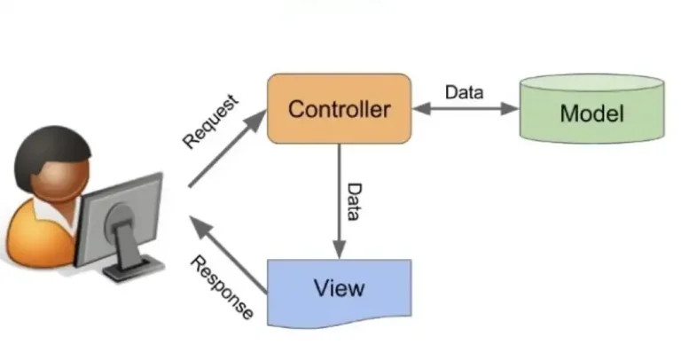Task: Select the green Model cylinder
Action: (591, 113)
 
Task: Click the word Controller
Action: (339, 110)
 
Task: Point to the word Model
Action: (591, 114)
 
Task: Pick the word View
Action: (339, 289)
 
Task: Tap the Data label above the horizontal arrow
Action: (464, 91)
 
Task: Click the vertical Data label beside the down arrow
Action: (353, 203)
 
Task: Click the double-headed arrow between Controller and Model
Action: (465, 109)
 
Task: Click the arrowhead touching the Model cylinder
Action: (510, 109)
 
